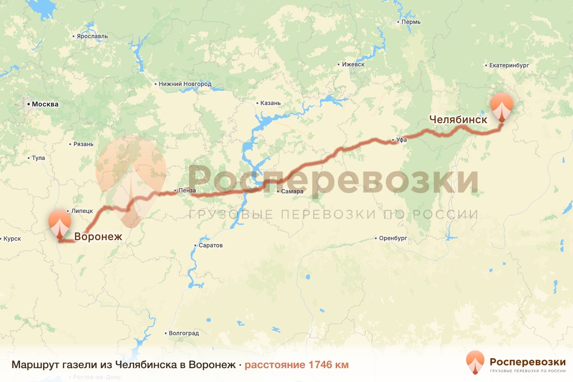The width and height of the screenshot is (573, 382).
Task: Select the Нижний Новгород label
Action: point(184,84)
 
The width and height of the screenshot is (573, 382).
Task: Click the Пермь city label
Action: point(411,22)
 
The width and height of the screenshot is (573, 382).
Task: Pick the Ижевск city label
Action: point(353,64)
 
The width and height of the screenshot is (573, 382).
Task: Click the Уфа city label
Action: point(401,140)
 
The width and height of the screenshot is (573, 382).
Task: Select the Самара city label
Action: point(292,191)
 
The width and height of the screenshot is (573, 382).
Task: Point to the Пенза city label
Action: point(187,191)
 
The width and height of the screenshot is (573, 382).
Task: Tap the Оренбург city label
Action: point(393,238)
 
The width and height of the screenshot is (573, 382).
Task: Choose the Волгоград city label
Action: point(183,333)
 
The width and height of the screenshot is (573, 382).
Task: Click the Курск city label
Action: point(11,239)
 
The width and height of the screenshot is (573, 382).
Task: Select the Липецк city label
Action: point(81,211)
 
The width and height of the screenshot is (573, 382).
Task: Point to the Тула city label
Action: point(38,158)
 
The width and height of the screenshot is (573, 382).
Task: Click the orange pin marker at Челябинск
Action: point(501,107)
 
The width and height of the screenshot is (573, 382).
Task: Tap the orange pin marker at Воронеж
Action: point(60,223)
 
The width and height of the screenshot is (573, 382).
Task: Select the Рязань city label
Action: point(83,144)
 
